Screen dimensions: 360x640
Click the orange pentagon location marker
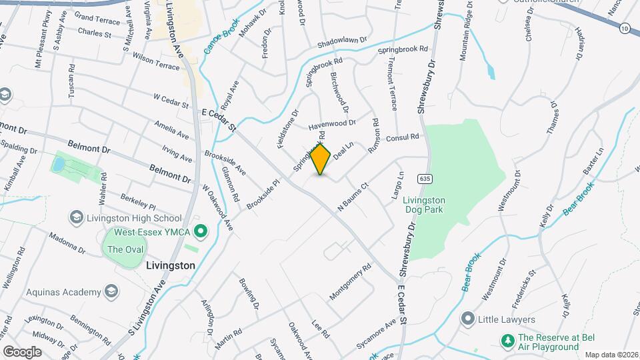(321, 159)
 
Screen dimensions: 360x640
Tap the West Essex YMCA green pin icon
(198, 231)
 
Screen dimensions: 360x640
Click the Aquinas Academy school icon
(111, 291)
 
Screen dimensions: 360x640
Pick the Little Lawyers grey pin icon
(468, 319)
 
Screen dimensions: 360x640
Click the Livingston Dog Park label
(425, 205)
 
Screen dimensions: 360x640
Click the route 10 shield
(624, 28)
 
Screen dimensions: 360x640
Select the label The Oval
(121, 249)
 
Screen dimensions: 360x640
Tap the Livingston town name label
(170, 265)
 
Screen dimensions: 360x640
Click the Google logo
(22, 351)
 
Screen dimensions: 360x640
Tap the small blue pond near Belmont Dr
(59, 163)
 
